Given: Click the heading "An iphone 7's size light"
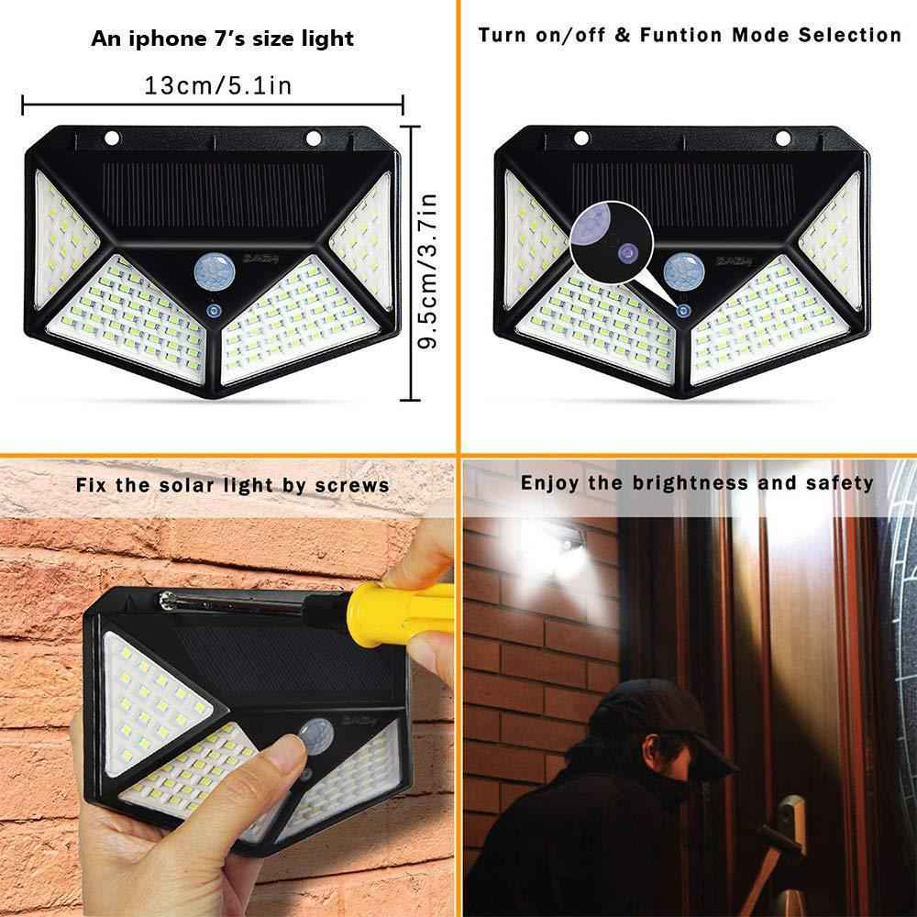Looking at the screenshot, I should [x=222, y=39].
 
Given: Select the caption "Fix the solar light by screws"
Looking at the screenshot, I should [x=233, y=484].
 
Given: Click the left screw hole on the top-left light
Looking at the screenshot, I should [x=113, y=138].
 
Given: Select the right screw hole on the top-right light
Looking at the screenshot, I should [x=782, y=138].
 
